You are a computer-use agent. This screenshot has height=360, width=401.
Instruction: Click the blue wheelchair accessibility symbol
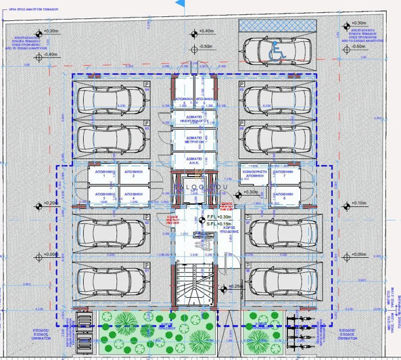click(x=277, y=51)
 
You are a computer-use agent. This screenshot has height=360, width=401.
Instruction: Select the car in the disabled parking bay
click(x=266, y=50)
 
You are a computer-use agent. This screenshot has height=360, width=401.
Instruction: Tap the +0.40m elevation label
click(x=206, y=31)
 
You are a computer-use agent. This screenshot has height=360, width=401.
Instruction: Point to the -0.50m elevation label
click(x=206, y=47)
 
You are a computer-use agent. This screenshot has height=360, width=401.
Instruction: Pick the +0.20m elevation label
click(x=51, y=203)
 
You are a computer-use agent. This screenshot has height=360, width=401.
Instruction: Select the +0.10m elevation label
click(x=358, y=203)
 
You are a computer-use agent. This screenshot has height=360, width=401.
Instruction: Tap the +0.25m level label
click(x=235, y=286)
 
